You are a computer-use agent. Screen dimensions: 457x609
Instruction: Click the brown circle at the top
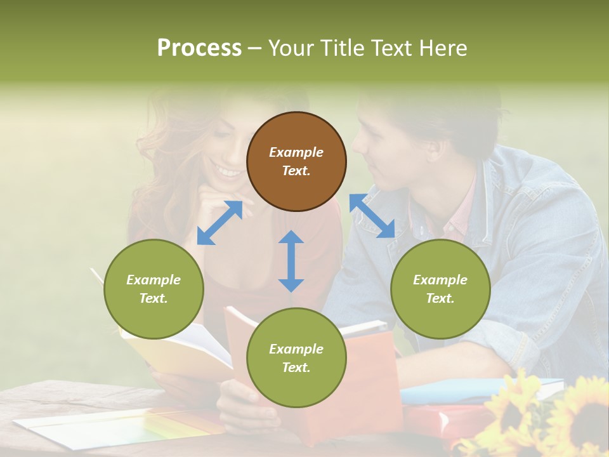296,161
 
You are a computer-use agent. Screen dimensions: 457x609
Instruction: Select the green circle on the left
154,289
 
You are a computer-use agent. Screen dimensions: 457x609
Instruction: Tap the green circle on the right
440,289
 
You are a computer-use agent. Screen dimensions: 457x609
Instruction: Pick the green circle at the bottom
296,358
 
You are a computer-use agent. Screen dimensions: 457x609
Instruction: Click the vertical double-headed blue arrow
291,261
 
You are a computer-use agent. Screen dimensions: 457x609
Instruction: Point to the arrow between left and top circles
219,223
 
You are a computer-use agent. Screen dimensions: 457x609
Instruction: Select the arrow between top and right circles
372,216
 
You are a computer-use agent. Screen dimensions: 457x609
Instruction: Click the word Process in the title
199,48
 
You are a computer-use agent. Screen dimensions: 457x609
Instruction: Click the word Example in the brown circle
296,152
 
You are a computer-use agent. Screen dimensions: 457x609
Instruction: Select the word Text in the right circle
440,298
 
